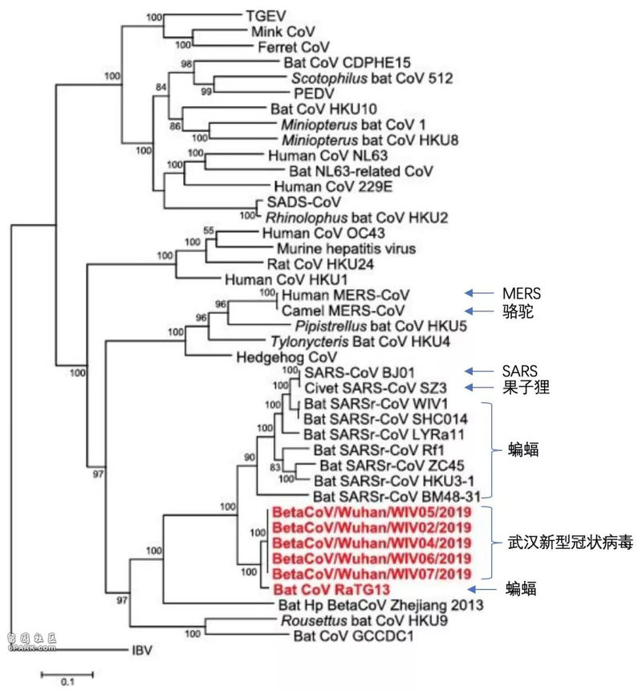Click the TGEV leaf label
266,16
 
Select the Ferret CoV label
294,47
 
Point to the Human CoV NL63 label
328,156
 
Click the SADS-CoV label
304,201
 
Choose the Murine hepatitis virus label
347,249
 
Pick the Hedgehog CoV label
286,357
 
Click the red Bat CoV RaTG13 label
331,589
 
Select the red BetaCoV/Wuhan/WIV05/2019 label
372,512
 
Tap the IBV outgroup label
142,650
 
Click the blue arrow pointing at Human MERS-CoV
479,293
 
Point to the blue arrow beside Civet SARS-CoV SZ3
479,388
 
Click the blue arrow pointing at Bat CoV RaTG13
481,589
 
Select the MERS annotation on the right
522,294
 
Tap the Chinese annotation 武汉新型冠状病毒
571,542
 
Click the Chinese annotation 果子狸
526,388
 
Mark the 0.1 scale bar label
67,681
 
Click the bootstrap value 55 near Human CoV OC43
209,230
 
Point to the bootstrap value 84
160,87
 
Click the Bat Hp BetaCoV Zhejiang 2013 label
380,605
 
